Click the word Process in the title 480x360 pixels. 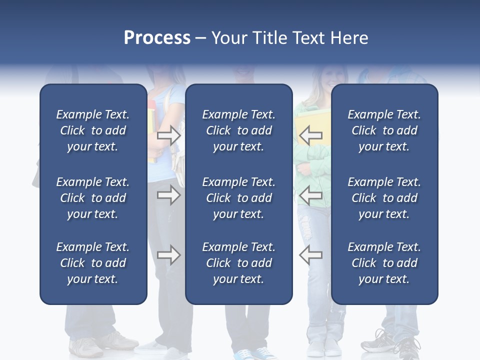[156, 38]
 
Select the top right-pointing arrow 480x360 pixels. [169, 135]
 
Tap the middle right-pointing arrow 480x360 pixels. [169, 195]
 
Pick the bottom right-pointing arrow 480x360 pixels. [169, 255]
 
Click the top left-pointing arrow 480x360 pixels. [310, 135]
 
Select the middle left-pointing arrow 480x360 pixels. [310, 195]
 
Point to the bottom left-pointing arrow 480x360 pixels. [310, 255]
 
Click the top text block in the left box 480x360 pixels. [93, 130]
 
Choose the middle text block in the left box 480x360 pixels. [93, 198]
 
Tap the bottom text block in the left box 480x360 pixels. [93, 263]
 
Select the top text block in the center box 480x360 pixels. [238, 130]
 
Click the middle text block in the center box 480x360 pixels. [238, 198]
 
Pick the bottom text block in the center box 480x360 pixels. [238, 263]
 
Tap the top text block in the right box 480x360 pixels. [384, 130]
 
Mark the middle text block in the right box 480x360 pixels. [384, 198]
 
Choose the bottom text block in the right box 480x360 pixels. [384, 263]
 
